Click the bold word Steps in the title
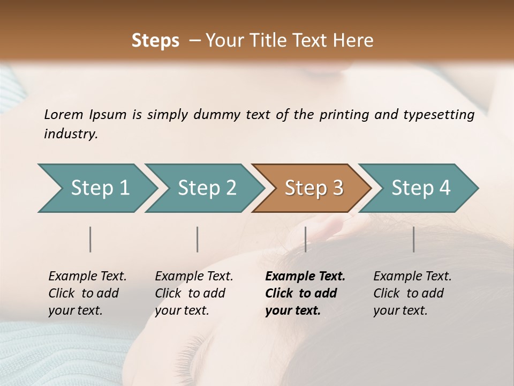point(155,41)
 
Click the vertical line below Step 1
point(90,239)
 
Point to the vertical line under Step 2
point(198,239)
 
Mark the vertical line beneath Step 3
point(306,239)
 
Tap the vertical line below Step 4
point(414,239)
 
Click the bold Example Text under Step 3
point(305,293)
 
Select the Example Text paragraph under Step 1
point(87,293)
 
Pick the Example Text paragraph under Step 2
point(194,293)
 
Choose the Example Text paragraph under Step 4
point(412,293)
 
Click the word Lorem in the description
point(64,114)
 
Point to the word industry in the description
point(71,134)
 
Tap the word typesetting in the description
point(439,115)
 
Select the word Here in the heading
point(354,41)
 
